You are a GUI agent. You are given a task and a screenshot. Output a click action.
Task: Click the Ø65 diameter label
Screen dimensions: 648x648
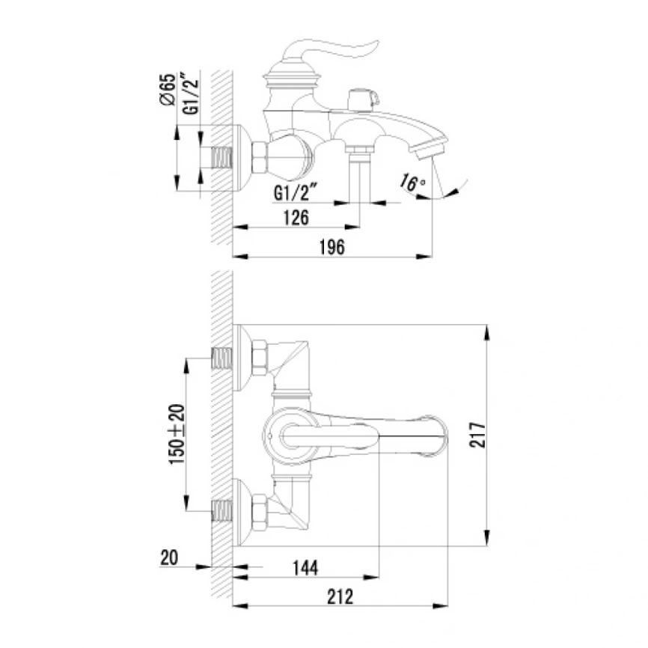168,90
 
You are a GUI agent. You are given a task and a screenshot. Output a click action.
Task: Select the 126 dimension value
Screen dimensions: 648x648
296,218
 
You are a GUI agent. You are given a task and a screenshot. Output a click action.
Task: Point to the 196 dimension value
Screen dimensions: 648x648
331,247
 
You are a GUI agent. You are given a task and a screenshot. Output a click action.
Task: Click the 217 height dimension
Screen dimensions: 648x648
478,435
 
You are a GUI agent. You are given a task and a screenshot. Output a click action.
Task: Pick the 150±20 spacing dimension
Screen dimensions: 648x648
177,434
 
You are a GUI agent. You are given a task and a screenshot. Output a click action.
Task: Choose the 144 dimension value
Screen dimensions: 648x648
305,568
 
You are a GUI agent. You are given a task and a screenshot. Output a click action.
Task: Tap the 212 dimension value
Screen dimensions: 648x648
340,597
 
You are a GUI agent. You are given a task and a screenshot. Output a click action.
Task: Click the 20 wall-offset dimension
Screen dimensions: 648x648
169,558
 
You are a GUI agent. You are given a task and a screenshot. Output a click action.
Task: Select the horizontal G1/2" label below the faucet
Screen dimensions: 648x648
295,192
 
